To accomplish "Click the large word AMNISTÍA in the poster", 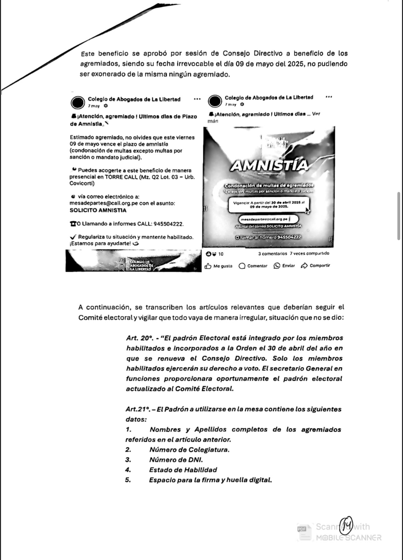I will pos(269,165).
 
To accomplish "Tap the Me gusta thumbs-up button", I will pos(218,266).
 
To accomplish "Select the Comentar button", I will pos(253,266).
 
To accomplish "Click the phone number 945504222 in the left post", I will pos(167,224).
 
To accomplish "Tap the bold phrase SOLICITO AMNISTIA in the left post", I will pos(98,210).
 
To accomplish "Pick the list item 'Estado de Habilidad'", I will pos(183,470).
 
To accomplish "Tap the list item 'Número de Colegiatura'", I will pos(189,450).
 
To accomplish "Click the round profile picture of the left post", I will pos(77,102).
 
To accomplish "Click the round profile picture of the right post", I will pos(215,101).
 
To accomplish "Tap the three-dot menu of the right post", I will pos(328,97).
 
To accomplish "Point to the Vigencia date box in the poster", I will pos(269,205).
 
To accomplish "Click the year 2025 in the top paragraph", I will pos(297,64).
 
